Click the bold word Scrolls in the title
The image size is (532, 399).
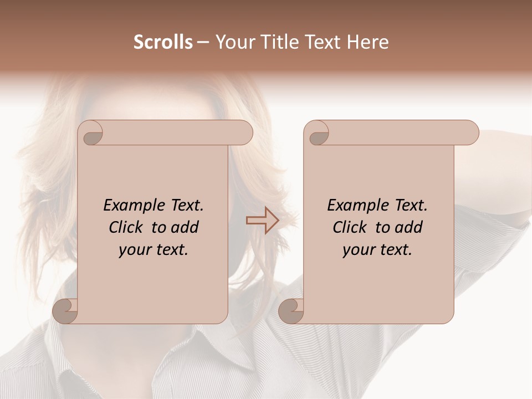[163, 42]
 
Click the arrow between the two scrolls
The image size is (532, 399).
[262, 221]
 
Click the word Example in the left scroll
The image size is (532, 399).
[129, 206]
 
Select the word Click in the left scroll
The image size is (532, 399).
[127, 227]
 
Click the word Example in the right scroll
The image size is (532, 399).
[352, 206]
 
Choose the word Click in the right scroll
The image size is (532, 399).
[351, 227]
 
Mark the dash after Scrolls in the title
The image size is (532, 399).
[203, 43]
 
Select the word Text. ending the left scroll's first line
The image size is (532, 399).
[185, 206]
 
